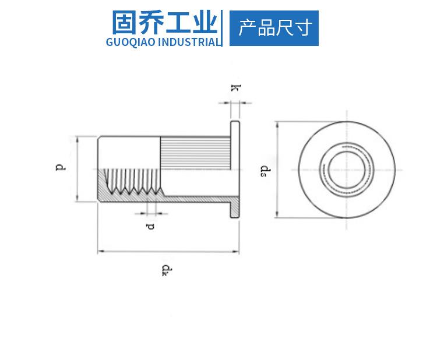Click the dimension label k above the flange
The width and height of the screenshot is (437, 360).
point(235,89)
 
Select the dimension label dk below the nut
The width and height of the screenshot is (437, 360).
point(167,270)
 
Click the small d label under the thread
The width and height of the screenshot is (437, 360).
point(151,225)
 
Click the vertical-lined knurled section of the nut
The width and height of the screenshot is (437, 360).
point(195,153)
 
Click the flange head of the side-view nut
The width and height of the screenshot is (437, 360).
point(235,169)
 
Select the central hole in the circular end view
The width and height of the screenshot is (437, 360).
point(345,170)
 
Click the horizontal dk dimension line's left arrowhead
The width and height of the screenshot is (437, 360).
point(100,252)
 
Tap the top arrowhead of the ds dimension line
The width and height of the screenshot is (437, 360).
point(278,124)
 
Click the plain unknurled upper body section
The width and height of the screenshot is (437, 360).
point(128,151)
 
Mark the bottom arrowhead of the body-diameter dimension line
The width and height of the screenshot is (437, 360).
point(77,200)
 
